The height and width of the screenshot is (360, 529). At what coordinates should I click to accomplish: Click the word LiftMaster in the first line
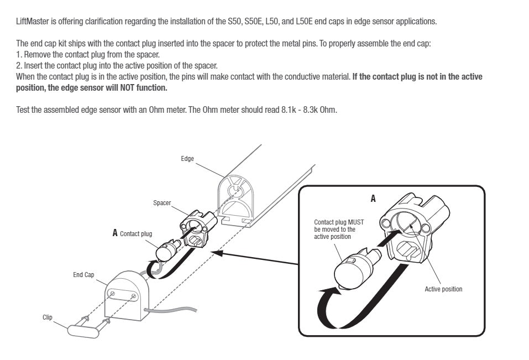(30, 22)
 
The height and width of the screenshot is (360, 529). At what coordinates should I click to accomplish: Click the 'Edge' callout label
(187, 159)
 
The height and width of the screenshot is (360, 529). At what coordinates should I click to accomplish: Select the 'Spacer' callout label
(162, 203)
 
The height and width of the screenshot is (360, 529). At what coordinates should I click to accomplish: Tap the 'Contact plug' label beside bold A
(136, 234)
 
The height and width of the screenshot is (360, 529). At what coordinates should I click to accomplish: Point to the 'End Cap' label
(83, 274)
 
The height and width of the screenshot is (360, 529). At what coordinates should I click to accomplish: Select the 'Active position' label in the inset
(443, 289)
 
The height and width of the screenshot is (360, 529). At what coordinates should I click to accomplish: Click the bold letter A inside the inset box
(373, 198)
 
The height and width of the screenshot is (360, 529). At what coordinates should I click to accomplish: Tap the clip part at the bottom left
(83, 330)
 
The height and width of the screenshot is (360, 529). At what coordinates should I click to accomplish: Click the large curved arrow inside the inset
(332, 310)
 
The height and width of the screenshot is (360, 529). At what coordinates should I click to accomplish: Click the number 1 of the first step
(18, 55)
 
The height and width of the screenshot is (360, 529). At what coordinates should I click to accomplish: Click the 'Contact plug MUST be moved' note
(335, 229)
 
